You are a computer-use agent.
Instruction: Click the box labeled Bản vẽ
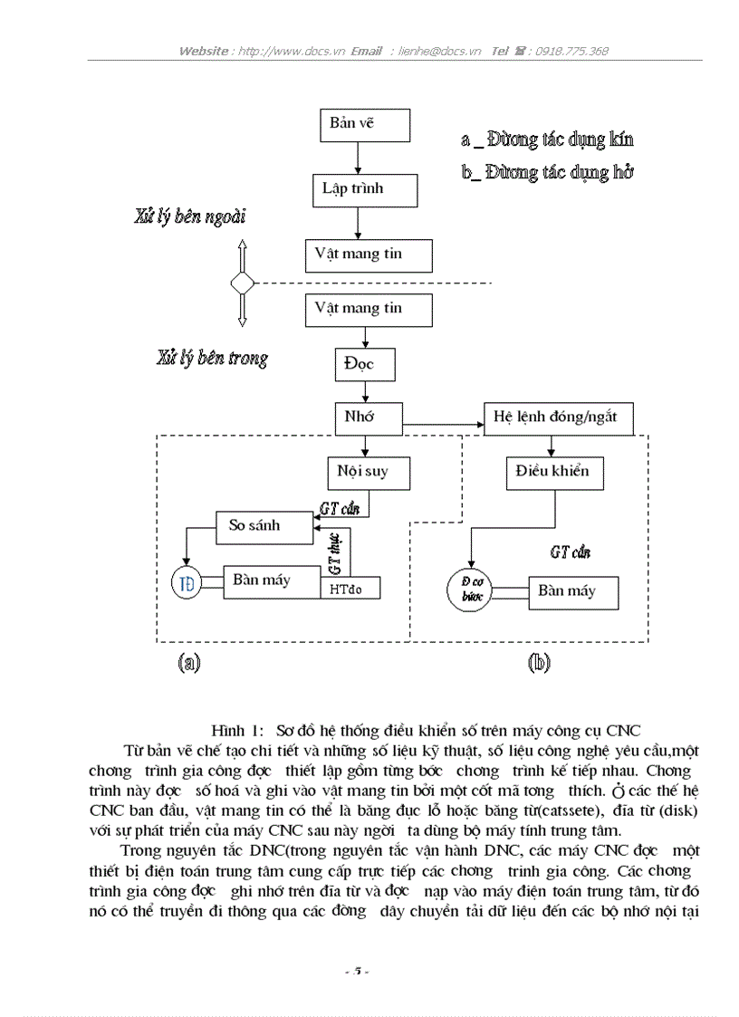tap(365, 125)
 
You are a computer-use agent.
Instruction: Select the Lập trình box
tap(360, 190)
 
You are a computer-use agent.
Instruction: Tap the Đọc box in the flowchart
tap(363, 365)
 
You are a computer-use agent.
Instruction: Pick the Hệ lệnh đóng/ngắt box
tap(557, 418)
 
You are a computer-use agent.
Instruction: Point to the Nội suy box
tap(369, 472)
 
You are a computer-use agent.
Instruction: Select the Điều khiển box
tap(552, 472)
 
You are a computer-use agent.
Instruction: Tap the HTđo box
tap(350, 588)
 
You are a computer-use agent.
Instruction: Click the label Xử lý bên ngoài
tap(189, 217)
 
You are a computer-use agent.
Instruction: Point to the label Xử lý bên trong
tap(211, 359)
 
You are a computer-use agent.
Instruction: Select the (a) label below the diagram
tap(187, 663)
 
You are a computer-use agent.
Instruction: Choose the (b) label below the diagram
tap(538, 663)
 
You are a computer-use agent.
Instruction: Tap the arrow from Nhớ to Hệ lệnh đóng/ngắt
tap(444, 423)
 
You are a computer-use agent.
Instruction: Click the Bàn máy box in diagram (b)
tap(574, 592)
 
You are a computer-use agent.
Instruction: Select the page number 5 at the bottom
tap(357, 972)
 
